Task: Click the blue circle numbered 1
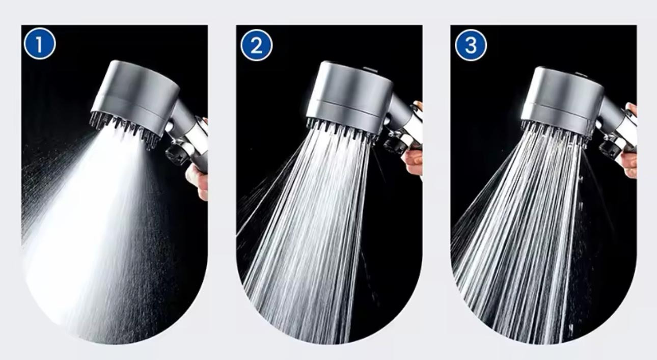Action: (x=40, y=44)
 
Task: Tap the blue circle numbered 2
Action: (x=256, y=45)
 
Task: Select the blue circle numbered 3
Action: (x=471, y=45)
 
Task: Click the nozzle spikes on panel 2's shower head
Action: (x=342, y=129)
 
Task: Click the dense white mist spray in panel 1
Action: (x=97, y=235)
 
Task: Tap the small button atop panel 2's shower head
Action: (x=371, y=70)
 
